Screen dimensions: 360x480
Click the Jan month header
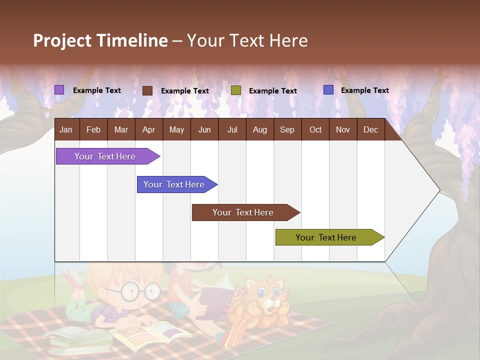point(66,130)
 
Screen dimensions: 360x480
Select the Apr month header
point(148,130)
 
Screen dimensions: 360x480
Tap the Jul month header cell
point(232,130)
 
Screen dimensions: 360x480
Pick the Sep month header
point(287,130)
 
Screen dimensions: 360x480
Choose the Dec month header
point(370,130)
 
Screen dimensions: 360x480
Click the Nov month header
point(342,130)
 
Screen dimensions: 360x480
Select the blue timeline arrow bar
point(175,184)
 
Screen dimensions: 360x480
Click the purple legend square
point(59,90)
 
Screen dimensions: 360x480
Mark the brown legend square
point(147,90)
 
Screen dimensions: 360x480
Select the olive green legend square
point(236,90)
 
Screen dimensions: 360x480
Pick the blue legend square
point(328,90)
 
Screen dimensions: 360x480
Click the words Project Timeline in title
point(100,40)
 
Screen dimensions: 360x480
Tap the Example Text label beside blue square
point(364,90)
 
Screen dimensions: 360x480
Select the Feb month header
point(93,130)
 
